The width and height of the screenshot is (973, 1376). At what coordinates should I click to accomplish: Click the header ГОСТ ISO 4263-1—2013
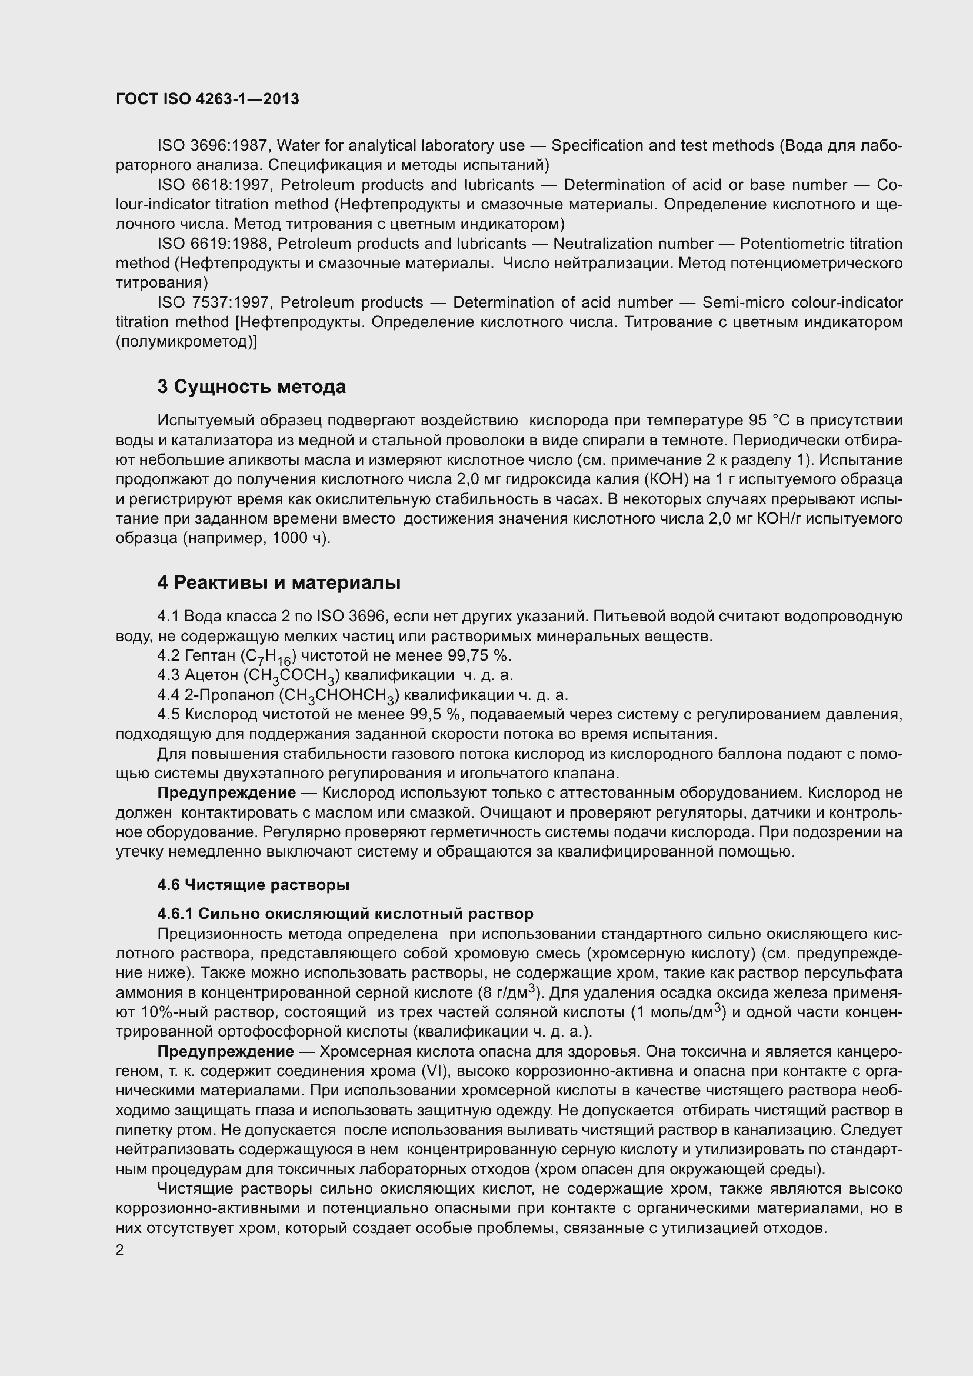tap(207, 99)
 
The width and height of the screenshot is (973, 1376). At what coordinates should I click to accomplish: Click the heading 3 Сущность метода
tap(252, 387)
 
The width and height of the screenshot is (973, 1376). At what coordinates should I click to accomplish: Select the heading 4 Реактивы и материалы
tap(279, 582)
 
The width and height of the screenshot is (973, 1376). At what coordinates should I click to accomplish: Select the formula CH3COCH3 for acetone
tap(291, 677)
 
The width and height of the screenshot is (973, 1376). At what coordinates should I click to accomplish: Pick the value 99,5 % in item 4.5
tap(435, 714)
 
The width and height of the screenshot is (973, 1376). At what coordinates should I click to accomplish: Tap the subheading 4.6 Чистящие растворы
tap(254, 885)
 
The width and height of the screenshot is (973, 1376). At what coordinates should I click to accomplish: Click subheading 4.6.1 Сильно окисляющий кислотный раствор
tap(345, 914)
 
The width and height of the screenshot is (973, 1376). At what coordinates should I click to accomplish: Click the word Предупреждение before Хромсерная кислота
tap(226, 1052)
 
